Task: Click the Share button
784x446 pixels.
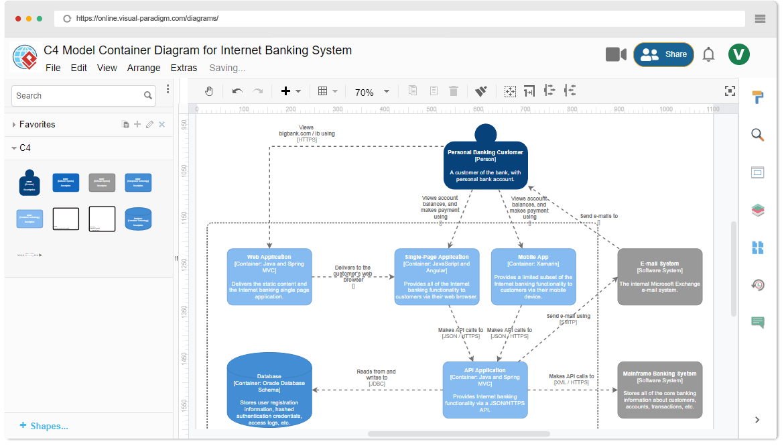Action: (663, 54)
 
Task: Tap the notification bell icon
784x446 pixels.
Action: (708, 55)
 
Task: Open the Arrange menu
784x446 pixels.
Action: (143, 68)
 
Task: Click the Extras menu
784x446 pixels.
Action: (184, 68)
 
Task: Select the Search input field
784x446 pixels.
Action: (77, 96)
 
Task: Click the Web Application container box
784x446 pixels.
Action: (269, 276)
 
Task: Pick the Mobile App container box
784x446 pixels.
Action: (533, 276)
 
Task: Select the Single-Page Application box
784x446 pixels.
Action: (437, 276)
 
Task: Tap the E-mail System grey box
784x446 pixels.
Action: (660, 276)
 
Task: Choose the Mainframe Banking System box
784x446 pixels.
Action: (660, 390)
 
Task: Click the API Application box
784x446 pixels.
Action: (485, 390)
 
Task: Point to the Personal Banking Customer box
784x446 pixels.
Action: (485, 165)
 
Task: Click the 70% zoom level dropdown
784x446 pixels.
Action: (372, 92)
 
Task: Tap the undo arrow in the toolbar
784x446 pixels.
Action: (237, 91)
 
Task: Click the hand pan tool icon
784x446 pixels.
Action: (209, 91)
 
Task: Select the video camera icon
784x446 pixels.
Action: (616, 54)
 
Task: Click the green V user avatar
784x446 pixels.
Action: (739, 54)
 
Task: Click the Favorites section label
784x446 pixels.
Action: (38, 124)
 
